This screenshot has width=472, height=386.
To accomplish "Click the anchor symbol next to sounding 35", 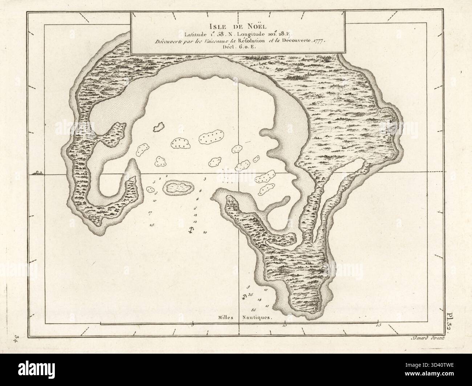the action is coord(244,297).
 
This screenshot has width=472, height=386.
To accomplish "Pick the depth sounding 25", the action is coord(152,225).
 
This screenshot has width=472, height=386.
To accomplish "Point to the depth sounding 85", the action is coord(253,309).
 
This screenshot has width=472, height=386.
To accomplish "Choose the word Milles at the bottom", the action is coord(226,317).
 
